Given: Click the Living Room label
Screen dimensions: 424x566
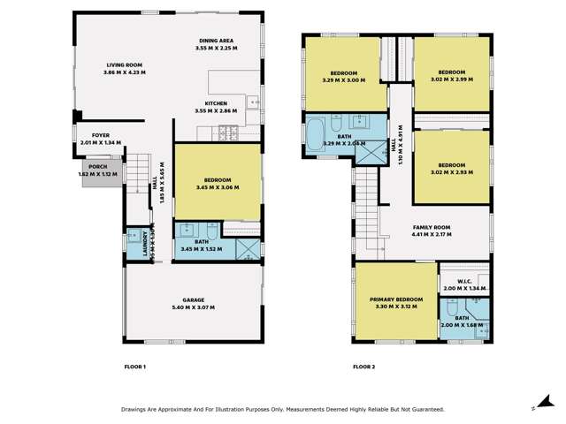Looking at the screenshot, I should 126,65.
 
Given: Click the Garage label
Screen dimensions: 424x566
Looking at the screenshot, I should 195,301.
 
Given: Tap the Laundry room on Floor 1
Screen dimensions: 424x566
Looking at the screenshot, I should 137,243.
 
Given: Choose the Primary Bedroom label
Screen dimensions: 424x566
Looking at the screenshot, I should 396,300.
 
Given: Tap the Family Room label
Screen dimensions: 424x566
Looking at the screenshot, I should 431,228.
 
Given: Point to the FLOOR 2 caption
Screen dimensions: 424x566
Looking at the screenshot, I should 364,366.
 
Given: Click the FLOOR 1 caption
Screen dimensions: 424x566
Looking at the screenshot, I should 134,366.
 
